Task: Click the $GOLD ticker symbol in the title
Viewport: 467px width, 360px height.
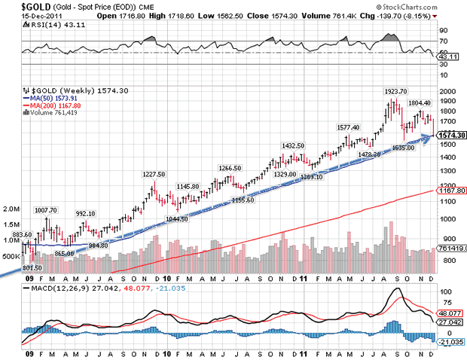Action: click(17, 5)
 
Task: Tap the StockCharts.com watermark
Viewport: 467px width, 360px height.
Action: click(426, 8)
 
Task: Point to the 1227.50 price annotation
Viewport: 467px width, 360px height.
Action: click(154, 174)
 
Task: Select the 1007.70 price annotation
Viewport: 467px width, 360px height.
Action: click(46, 210)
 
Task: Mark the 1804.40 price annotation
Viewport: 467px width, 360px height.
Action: click(419, 103)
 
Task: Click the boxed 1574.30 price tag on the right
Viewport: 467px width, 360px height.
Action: click(451, 135)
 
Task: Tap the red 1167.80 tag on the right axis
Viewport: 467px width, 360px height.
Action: click(451, 192)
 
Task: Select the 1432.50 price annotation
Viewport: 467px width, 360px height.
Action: click(293, 146)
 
